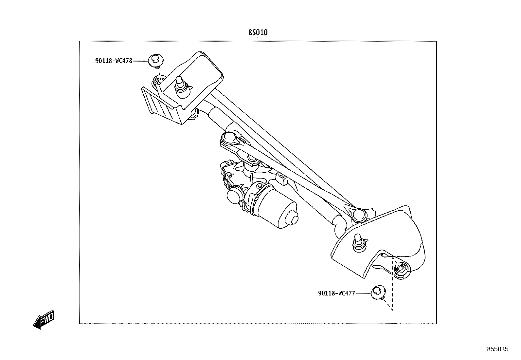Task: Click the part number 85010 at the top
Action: pos(258,32)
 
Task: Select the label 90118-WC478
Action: pos(114,61)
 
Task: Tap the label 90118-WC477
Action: pos(336,294)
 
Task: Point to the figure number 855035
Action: pos(498,349)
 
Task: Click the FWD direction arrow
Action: pos(44,320)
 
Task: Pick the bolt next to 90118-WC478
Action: pos(156,61)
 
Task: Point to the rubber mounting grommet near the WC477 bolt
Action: pos(401,270)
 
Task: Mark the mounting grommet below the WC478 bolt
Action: pos(159,82)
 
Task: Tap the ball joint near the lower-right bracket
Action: pos(359,215)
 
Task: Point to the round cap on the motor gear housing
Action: pos(234,195)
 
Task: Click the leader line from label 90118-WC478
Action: pos(140,61)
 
